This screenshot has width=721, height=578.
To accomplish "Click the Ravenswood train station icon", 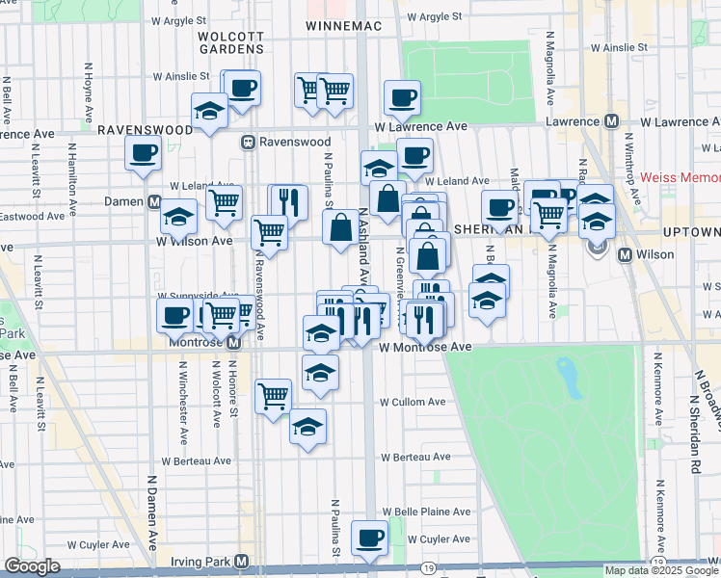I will (x=248, y=141).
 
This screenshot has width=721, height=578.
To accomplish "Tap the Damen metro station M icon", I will (x=154, y=202).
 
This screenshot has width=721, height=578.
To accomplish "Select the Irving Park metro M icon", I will (x=242, y=561).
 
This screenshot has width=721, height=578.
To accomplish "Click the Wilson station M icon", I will (x=625, y=255).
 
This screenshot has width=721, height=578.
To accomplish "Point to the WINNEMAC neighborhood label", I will (x=336, y=25).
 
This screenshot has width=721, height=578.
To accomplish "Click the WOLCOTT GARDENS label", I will (x=230, y=42).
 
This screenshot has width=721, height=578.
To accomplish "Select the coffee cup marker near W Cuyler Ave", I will (x=369, y=538).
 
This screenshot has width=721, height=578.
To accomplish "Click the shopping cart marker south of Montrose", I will (x=274, y=394).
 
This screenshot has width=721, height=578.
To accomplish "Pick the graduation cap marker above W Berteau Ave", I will (x=307, y=427).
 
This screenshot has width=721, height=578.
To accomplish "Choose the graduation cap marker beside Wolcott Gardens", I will (x=209, y=110).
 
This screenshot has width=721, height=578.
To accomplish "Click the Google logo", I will (x=32, y=566).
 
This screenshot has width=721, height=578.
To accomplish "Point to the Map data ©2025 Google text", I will (x=661, y=570).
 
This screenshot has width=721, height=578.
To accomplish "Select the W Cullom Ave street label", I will (x=412, y=402).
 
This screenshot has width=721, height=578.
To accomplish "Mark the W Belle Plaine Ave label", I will (x=426, y=512).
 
